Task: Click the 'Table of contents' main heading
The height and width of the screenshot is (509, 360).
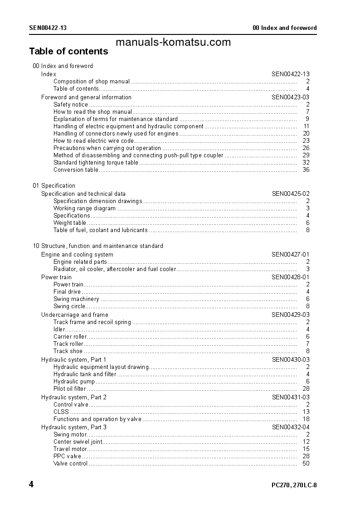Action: click(x=68, y=51)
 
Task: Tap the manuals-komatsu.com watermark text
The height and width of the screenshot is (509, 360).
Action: click(x=173, y=43)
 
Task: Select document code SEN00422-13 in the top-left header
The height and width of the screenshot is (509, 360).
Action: click(x=48, y=28)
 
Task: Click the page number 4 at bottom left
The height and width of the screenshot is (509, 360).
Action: click(x=31, y=485)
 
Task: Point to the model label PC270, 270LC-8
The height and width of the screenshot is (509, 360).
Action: click(x=294, y=485)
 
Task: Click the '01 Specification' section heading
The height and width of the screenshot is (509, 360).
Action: click(x=54, y=186)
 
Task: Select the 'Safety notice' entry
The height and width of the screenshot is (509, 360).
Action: click(x=71, y=105)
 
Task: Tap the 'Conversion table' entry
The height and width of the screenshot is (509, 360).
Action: click(x=76, y=170)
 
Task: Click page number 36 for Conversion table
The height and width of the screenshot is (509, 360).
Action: click(x=306, y=170)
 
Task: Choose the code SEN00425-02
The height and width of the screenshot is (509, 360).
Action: click(x=291, y=194)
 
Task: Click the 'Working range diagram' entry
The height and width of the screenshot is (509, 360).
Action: click(x=84, y=208)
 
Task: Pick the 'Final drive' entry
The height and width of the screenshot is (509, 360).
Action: click(x=67, y=292)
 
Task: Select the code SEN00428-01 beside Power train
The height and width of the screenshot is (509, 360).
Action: click(x=291, y=277)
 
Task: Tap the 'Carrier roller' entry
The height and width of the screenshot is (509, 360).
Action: click(x=70, y=337)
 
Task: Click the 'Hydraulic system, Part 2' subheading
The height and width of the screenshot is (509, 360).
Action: click(x=74, y=398)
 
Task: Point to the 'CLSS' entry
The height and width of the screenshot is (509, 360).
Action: click(x=61, y=412)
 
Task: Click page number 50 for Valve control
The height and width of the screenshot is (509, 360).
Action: click(x=306, y=464)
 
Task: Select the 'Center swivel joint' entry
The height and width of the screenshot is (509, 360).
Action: click(x=78, y=442)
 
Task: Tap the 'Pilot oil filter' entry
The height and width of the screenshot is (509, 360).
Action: click(x=70, y=389)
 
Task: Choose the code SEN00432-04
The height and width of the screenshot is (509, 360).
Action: click(x=291, y=427)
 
